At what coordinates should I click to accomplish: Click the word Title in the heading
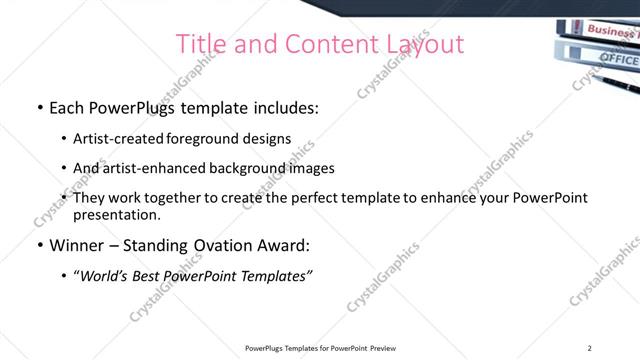[200, 45]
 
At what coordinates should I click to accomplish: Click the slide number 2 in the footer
[590, 348]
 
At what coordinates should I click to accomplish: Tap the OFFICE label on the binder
[616, 59]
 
